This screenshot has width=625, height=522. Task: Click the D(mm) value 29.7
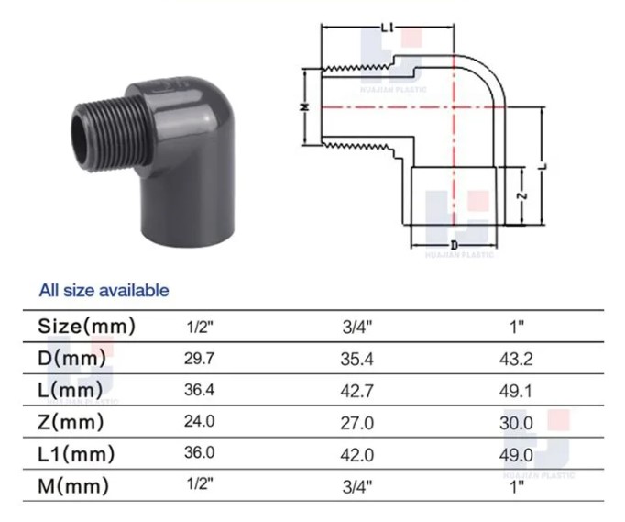pyautogui.click(x=199, y=359)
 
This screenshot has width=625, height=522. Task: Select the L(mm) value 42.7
pyautogui.click(x=357, y=391)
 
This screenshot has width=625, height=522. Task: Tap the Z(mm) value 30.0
pyautogui.click(x=516, y=423)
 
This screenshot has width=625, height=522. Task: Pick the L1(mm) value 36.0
pyautogui.click(x=199, y=452)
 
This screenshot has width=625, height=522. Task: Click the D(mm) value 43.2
pyautogui.click(x=516, y=360)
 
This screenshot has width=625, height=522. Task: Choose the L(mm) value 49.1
pyautogui.click(x=516, y=391)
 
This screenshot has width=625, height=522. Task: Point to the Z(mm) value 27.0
pyautogui.click(x=357, y=423)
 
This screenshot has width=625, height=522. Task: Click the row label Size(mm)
pyautogui.click(x=86, y=327)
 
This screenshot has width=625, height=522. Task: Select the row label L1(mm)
pyautogui.click(x=76, y=454)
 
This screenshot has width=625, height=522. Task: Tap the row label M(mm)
pyautogui.click(x=73, y=486)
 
